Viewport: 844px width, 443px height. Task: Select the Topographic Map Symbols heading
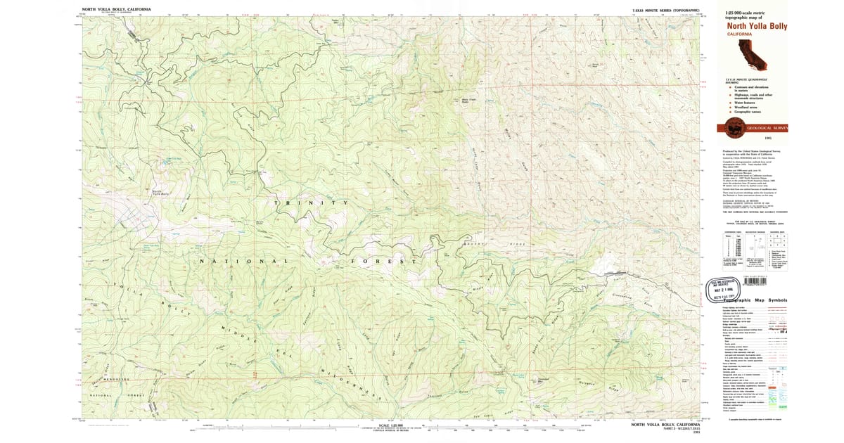(x=751, y=300)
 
